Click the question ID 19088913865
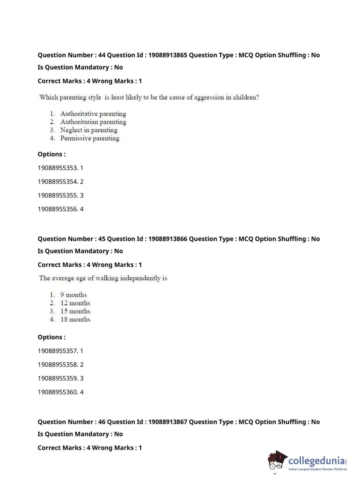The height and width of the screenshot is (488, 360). click(168, 55)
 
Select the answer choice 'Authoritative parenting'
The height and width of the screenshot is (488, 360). click(93, 114)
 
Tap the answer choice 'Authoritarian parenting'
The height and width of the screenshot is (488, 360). click(93, 122)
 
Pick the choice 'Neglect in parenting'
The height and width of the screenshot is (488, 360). click(89, 130)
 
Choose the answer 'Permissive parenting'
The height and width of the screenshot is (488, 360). click(90, 138)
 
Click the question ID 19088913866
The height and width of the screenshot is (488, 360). click(168, 239)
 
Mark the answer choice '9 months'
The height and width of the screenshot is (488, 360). click(73, 295)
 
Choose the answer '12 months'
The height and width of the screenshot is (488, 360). click(75, 303)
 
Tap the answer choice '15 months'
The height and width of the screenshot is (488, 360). click(75, 311)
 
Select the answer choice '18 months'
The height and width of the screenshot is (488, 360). click(75, 320)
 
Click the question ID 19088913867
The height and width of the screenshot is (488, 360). click(168, 422)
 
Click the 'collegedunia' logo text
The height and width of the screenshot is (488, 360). click(316, 461)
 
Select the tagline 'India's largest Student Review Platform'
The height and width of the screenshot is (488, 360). click(318, 469)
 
